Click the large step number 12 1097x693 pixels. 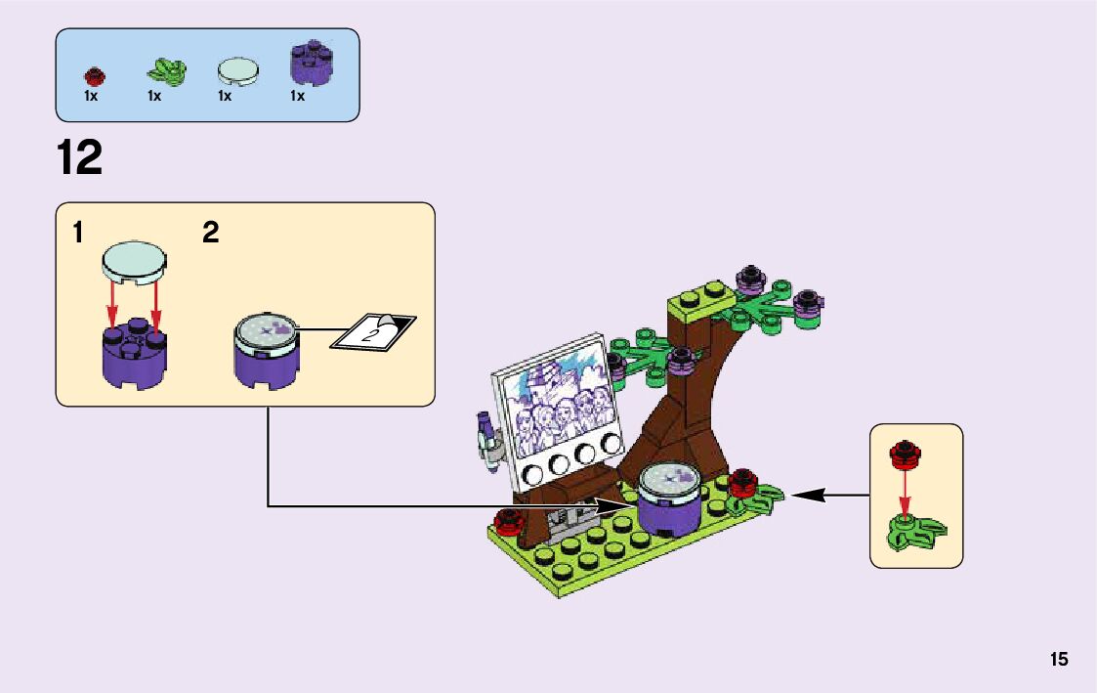click(x=80, y=158)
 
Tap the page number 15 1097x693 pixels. click(x=1059, y=659)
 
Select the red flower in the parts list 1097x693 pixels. click(x=94, y=75)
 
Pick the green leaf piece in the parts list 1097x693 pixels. click(x=165, y=70)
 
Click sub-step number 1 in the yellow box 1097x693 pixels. click(x=77, y=233)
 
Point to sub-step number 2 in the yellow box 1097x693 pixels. click(x=211, y=233)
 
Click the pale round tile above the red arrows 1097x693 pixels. click(x=134, y=261)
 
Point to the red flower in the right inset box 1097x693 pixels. click(x=906, y=454)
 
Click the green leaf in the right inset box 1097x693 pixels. click(x=915, y=532)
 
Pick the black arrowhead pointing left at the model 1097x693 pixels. click(x=803, y=496)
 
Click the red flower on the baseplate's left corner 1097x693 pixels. click(x=508, y=520)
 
